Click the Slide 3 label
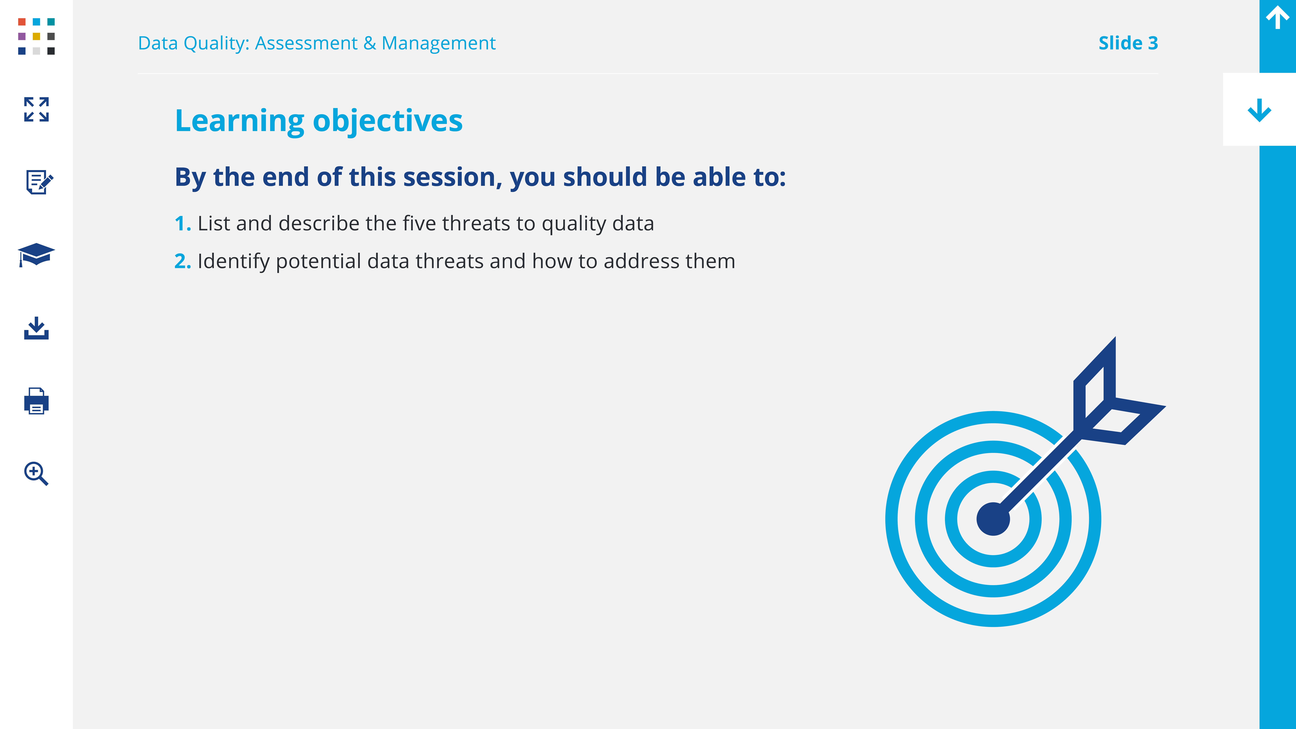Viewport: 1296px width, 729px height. (x=1128, y=43)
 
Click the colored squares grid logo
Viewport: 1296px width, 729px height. (x=36, y=36)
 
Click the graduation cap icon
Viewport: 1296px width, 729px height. (x=36, y=255)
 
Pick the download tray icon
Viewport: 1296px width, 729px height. (x=36, y=328)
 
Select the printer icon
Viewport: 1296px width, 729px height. (x=36, y=401)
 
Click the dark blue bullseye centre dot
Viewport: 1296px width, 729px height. (x=993, y=519)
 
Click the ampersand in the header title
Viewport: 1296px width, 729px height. (x=370, y=43)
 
